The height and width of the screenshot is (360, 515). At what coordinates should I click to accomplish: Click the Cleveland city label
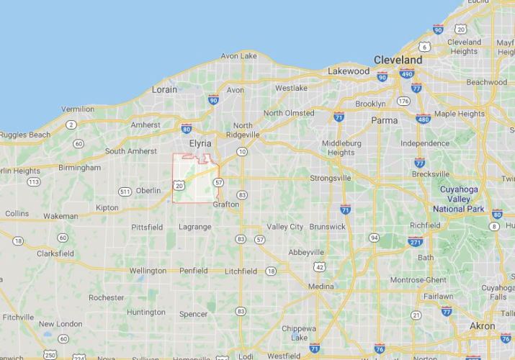398,59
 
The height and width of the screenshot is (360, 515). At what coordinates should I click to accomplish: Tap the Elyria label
200,143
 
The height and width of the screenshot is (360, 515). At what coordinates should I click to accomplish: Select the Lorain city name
164,90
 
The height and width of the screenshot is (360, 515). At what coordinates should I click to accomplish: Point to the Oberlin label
148,190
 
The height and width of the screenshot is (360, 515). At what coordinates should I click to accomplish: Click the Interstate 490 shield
408,73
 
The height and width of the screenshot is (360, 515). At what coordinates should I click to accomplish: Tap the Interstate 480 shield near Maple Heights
423,119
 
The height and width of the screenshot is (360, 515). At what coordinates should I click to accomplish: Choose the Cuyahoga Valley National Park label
459,199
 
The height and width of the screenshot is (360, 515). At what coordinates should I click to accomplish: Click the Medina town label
321,286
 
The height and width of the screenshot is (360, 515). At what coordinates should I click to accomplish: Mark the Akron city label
483,326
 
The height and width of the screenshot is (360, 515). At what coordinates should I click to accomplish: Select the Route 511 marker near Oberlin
125,191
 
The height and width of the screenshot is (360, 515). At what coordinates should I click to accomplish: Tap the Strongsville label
330,177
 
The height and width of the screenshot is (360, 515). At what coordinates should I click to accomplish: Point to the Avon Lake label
238,55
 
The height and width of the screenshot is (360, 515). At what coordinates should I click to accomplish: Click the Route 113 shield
33,181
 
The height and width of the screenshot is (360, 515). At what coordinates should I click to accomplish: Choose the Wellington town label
148,271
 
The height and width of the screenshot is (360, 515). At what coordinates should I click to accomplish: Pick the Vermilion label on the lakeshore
77,109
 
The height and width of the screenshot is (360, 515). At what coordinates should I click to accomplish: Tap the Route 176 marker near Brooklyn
403,101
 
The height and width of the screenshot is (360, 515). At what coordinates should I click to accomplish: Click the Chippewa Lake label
294,333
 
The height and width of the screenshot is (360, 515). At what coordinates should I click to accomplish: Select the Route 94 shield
374,237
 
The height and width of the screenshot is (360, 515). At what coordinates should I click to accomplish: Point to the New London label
61,324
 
